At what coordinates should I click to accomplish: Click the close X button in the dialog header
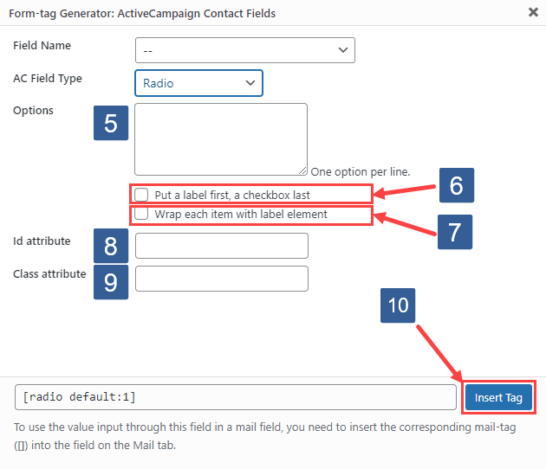click(x=531, y=12)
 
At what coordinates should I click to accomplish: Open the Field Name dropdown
click(x=245, y=50)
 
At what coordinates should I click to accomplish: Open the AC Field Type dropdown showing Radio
click(x=198, y=83)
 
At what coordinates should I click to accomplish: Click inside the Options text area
click(x=221, y=138)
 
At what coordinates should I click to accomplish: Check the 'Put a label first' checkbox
click(x=141, y=195)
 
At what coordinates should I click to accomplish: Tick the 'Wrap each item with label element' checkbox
click(x=141, y=213)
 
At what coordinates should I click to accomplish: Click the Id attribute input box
click(x=222, y=246)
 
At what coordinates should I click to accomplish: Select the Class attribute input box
click(x=222, y=279)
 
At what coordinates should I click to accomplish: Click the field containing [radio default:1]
click(x=235, y=397)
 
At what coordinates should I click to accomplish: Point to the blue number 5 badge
click(x=110, y=123)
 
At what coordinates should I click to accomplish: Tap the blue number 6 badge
click(x=456, y=185)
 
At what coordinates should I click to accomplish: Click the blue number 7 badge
click(x=454, y=232)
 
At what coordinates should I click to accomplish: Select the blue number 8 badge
click(x=110, y=247)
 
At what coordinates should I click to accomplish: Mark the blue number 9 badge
click(x=110, y=282)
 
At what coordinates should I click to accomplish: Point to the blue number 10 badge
click(x=398, y=305)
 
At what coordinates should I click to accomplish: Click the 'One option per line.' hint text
click(x=360, y=171)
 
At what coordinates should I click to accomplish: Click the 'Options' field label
click(x=33, y=111)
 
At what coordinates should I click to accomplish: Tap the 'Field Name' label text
click(x=42, y=46)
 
